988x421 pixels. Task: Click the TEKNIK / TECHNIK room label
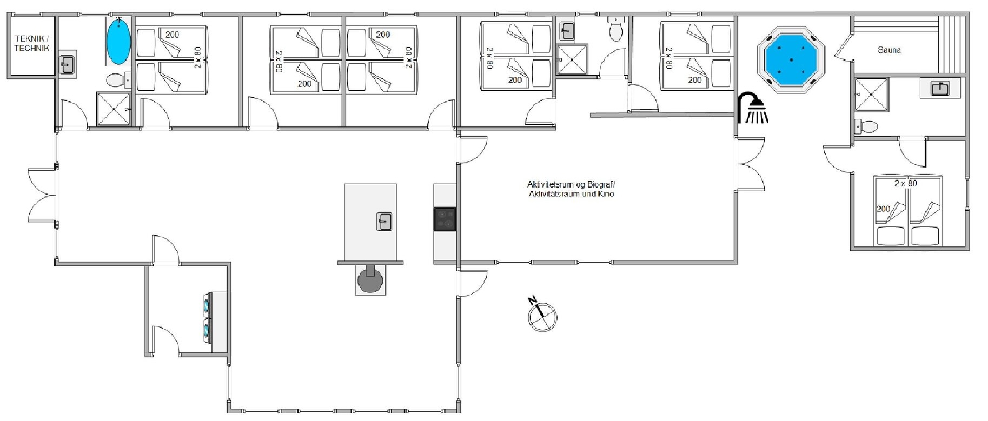coord(32,43)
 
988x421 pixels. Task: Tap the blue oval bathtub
coord(118,41)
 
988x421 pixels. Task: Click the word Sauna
coord(889,50)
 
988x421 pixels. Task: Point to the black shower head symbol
coord(753,108)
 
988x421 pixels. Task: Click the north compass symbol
coord(541,314)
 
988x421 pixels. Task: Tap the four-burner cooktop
coord(445,219)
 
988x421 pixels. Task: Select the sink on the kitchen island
coord(384,222)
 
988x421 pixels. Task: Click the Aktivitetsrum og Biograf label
coord(571,189)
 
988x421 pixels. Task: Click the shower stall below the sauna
coord(871,95)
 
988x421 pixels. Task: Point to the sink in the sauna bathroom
coord(940,88)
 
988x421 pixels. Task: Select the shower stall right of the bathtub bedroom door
coord(113,109)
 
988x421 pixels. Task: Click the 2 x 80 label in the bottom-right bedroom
coord(905,183)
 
